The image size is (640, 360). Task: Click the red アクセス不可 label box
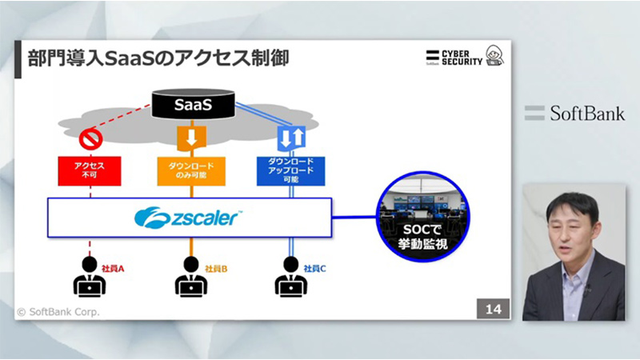[x=89, y=170]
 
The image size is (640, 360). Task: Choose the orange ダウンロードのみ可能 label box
[x=190, y=170]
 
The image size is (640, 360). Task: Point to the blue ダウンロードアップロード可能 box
[x=290, y=169]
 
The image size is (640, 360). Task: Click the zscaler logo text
[x=189, y=217]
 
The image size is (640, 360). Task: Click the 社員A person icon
[x=89, y=276]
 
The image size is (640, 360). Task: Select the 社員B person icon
[x=190, y=276]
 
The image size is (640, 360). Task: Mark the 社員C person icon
[x=290, y=276]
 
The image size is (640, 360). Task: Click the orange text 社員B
[x=216, y=269]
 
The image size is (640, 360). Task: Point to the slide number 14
[x=493, y=309]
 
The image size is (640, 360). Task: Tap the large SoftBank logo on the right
[x=574, y=113]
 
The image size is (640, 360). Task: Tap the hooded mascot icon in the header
[x=495, y=57]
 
